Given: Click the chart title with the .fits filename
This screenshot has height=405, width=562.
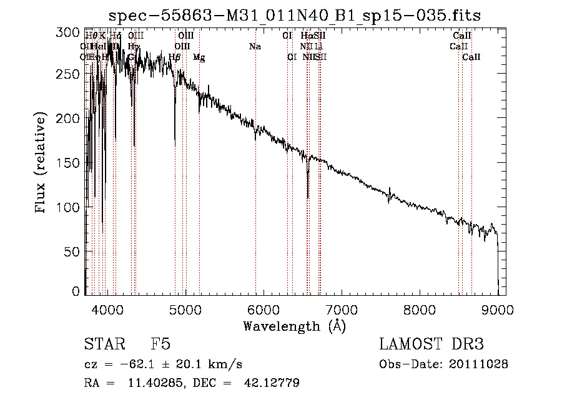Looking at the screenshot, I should pyautogui.click(x=295, y=15).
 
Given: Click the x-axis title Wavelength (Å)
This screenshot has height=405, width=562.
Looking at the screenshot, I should pyautogui.click(x=294, y=326).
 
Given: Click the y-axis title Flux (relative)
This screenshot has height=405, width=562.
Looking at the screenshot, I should pyautogui.click(x=41, y=163).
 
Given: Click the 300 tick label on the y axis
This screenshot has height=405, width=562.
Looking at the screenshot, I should pyautogui.click(x=73, y=32).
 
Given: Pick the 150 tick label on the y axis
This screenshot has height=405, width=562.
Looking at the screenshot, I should pyautogui.click(x=73, y=163).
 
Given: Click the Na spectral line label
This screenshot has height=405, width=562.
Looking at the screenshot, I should pyautogui.click(x=255, y=46).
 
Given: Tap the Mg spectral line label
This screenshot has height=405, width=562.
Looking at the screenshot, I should pyautogui.click(x=199, y=57).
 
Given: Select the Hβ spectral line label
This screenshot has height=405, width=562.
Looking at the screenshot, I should pyautogui.click(x=175, y=57).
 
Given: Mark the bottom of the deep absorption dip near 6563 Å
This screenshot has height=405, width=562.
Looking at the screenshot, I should pyautogui.click(x=308, y=198).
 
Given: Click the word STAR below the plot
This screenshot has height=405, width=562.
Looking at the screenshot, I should pyautogui.click(x=104, y=344).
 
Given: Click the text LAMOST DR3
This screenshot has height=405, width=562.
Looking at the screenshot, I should pyautogui.click(x=431, y=344).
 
